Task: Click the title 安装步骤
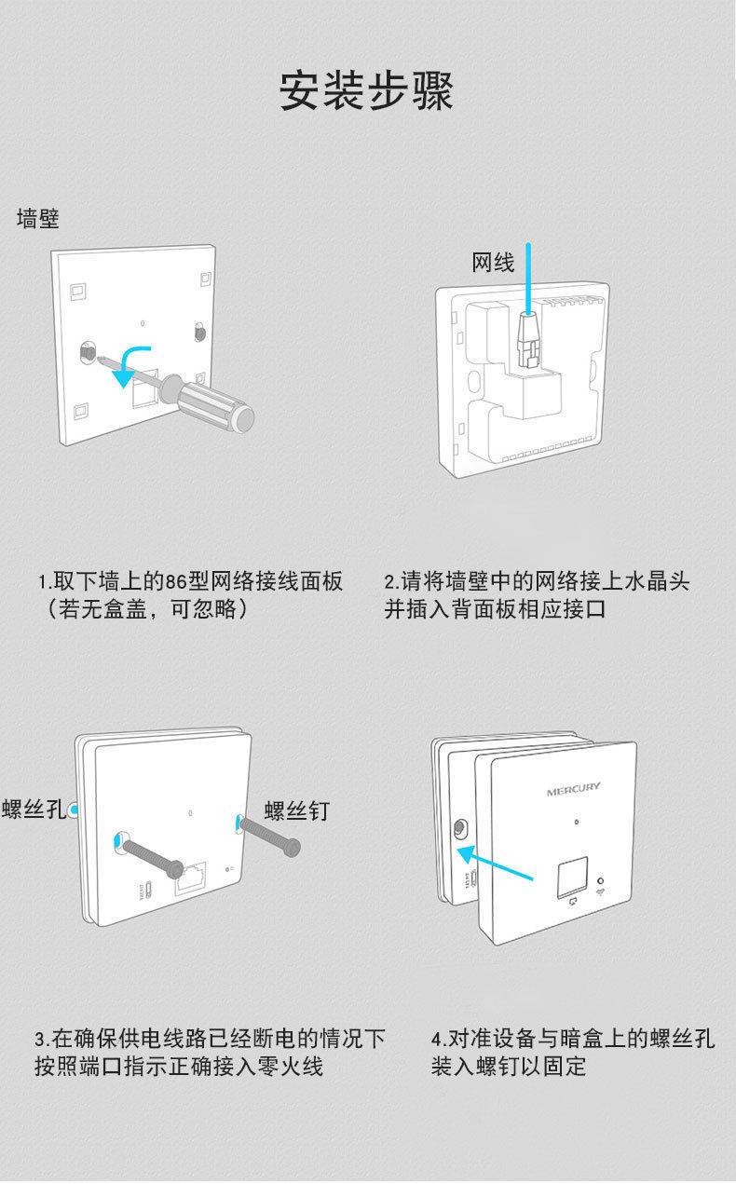367,91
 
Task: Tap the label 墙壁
38,220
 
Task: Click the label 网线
493,264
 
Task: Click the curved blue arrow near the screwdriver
129,366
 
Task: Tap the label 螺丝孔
33,809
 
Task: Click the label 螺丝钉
296,811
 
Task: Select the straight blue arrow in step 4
498,864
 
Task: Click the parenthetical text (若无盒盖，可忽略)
141,610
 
